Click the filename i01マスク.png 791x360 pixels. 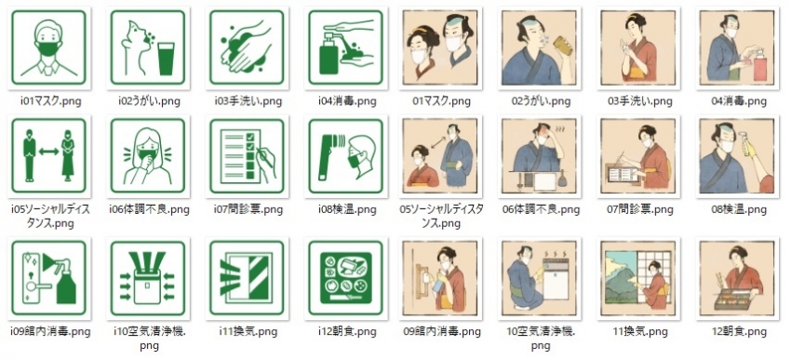(x=50, y=100)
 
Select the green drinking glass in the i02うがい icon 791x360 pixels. (x=166, y=59)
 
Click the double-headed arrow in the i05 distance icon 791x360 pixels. (x=49, y=151)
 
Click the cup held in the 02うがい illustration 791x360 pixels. (x=562, y=45)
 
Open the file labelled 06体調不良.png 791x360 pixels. (x=541, y=209)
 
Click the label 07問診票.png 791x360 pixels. (x=639, y=209)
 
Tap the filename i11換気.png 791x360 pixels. (x=248, y=332)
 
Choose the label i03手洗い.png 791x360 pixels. (x=248, y=100)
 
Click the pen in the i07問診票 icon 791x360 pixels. (x=267, y=155)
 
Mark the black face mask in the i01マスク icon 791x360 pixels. (x=49, y=48)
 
